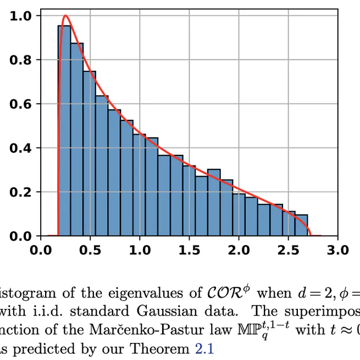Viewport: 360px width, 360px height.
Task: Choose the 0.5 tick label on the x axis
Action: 90,251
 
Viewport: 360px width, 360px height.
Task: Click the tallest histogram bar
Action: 64,132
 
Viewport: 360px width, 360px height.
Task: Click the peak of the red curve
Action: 65,16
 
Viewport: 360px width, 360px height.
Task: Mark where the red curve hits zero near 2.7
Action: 311,235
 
